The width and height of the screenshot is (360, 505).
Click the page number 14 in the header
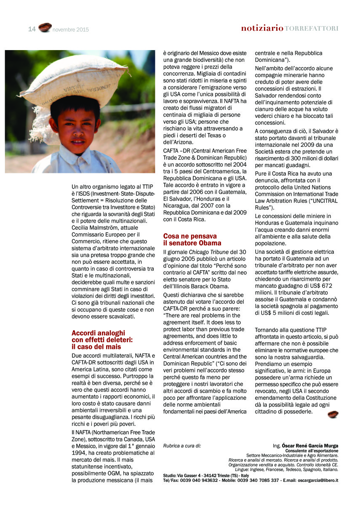[32, 29]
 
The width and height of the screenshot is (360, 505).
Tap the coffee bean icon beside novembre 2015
[45, 28]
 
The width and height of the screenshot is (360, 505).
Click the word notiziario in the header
[262, 29]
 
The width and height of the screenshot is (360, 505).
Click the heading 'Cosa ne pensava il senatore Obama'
[192, 239]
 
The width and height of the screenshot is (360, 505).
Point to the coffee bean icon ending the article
[333, 414]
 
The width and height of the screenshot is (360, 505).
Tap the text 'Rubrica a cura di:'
[182, 446]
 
